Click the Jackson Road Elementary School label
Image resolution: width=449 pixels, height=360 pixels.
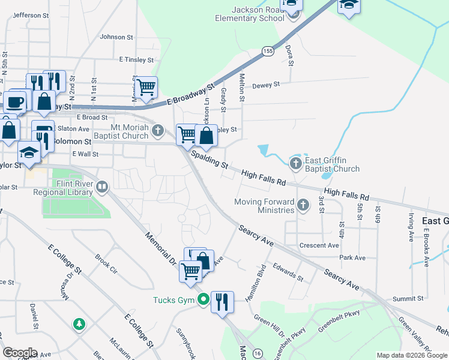pyautogui.click(x=250, y=14)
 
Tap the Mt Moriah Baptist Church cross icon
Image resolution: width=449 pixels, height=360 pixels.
pyautogui.click(x=157, y=130)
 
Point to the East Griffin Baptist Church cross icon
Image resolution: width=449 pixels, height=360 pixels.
pyautogui.click(x=295, y=163)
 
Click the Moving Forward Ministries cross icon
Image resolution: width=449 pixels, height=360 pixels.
pyautogui.click(x=303, y=206)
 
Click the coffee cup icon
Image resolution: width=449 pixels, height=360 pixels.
pyautogui.click(x=16, y=100)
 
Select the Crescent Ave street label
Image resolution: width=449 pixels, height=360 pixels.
pyautogui.click(x=319, y=245)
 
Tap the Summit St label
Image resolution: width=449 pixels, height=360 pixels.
pyautogui.click(x=409, y=298)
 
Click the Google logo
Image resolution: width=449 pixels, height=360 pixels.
pyautogui.click(x=20, y=353)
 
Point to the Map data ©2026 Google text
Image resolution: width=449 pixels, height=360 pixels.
pyautogui.click(x=411, y=355)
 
